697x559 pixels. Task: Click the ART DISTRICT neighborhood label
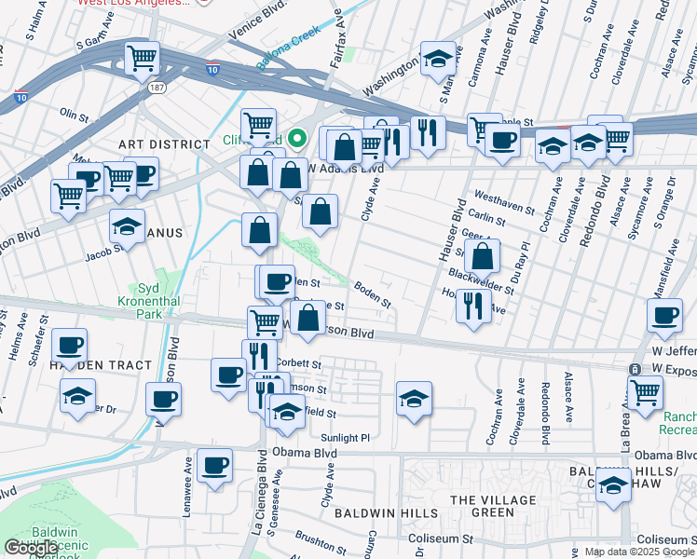(x=164, y=144)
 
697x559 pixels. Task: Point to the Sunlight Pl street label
(x=346, y=437)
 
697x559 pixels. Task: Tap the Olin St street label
(x=73, y=113)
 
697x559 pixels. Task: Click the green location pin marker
(x=297, y=141)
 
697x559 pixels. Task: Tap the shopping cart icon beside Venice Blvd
(x=143, y=59)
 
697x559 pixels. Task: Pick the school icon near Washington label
(x=438, y=59)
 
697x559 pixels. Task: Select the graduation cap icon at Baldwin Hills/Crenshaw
(x=612, y=486)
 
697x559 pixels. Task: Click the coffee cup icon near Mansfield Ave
(x=664, y=316)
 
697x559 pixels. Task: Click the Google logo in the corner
(x=31, y=548)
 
